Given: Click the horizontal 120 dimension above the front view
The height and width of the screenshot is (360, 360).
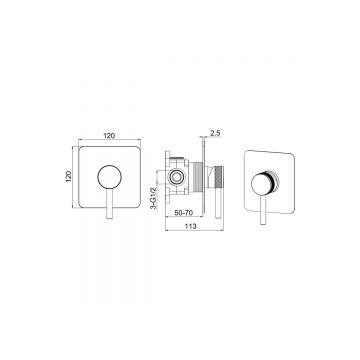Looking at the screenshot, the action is pos(109,135).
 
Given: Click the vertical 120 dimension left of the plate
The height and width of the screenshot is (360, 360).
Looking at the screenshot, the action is pos(69,176).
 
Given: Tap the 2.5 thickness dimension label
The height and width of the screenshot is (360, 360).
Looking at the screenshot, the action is pos(215,133).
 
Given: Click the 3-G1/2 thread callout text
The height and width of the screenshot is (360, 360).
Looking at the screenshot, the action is pos(154,198).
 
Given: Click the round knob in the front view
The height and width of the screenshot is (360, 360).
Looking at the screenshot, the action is pos(109,177).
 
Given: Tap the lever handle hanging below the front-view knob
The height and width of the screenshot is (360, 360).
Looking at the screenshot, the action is pos(109,204).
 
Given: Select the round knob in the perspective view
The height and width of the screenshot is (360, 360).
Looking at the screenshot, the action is pos(263,184).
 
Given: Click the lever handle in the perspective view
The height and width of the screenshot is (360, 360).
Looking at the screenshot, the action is pos(263,210).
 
